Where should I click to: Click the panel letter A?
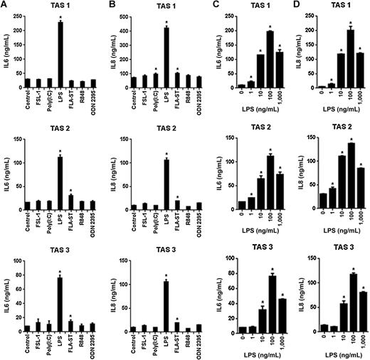point(5,6)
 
